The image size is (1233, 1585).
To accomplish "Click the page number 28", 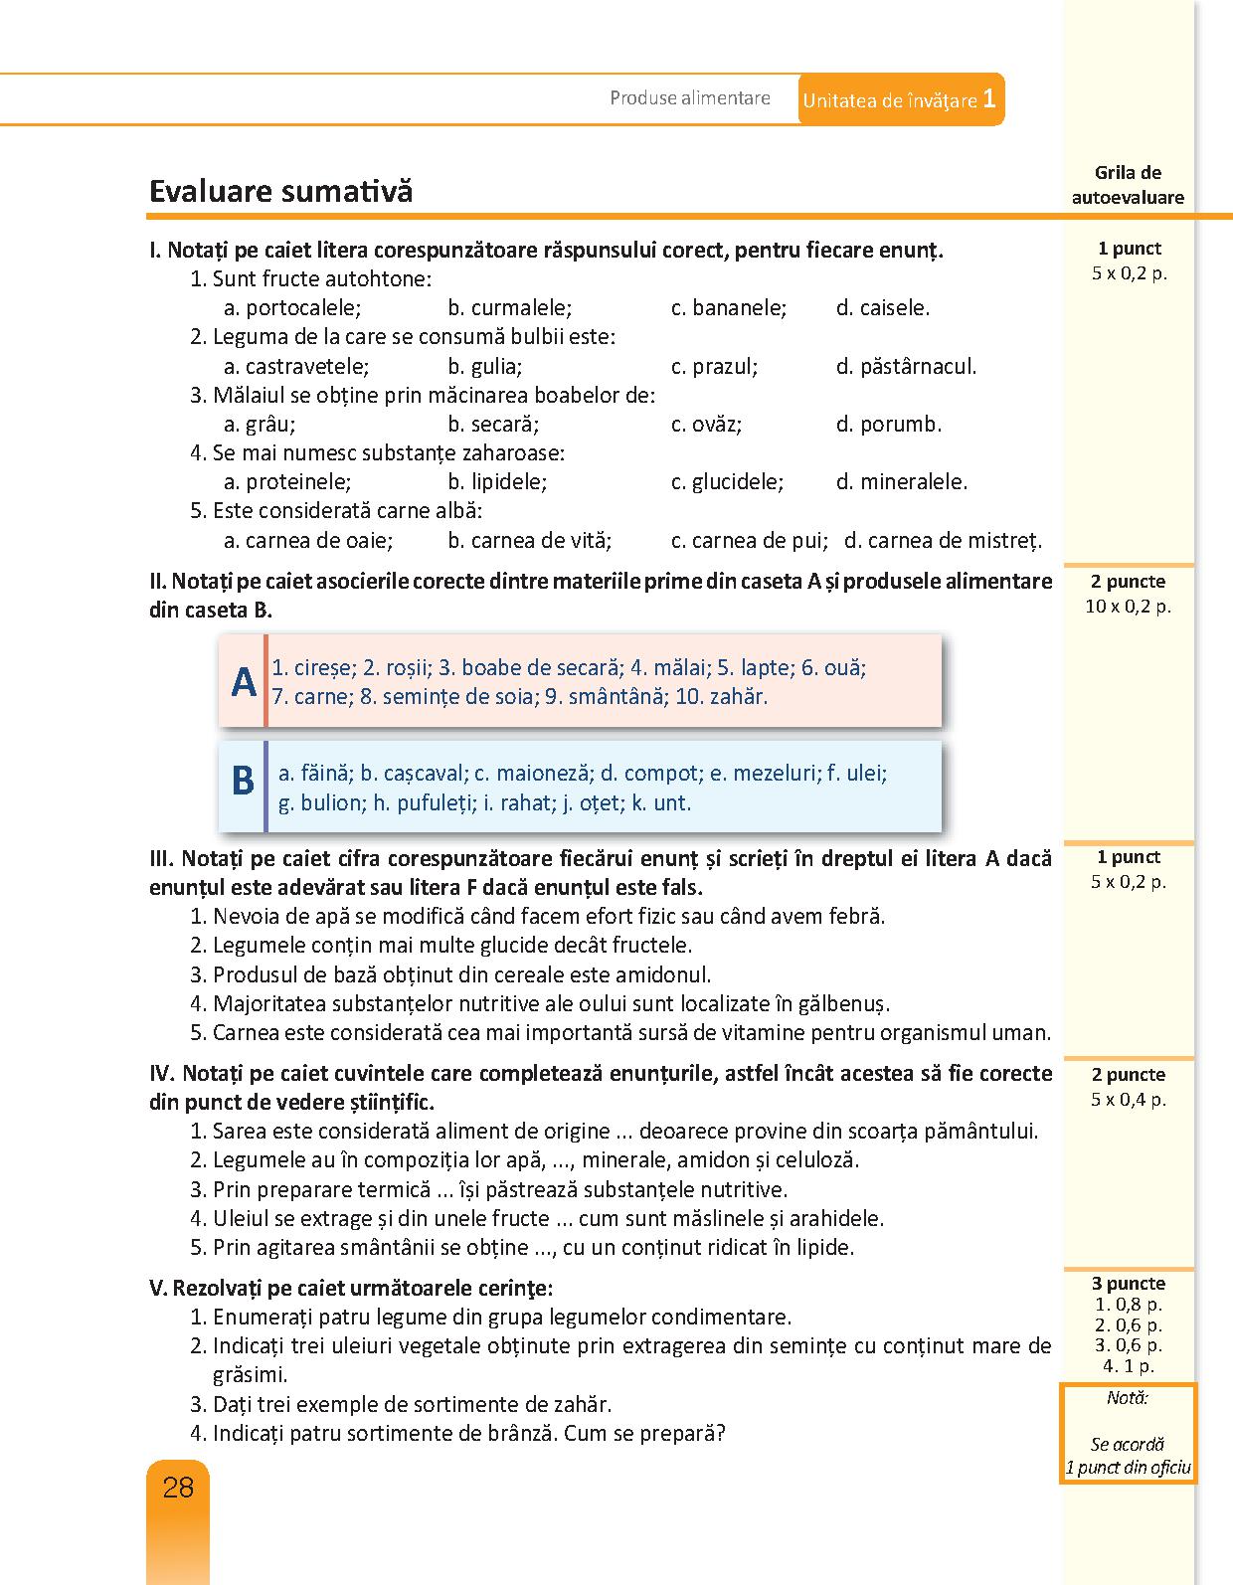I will pos(178,1488).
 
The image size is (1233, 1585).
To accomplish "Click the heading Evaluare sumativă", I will pos(280,191).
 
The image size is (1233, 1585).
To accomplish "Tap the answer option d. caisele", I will pos(883,308).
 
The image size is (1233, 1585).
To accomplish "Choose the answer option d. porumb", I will pos(889,425).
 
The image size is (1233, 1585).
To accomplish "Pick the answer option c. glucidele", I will pos(728,482).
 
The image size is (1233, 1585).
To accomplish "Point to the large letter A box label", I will pos(244,682).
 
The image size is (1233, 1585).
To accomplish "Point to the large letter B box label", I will pos(243,781).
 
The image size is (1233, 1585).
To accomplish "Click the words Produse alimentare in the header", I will pos(690,98).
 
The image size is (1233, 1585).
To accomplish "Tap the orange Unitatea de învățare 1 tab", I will pos(900,99).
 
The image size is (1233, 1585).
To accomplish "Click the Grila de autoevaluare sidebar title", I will pos(1128,185).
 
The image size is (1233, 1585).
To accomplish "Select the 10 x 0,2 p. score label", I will pos(1128,607).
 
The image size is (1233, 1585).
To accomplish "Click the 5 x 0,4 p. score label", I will pos(1128,1100).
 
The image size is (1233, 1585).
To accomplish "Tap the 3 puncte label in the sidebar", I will pos(1128,1284).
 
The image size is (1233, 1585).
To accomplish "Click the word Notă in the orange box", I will pos(1128,1398).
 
